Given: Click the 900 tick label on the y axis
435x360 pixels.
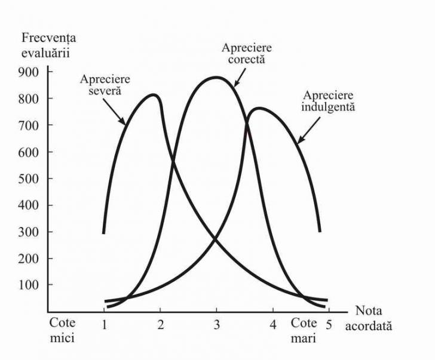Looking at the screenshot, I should click(x=30, y=72).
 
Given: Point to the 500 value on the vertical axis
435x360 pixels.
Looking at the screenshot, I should click(x=30, y=178).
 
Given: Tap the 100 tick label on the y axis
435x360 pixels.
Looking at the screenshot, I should click(x=30, y=285).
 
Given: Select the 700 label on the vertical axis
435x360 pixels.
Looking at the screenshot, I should click(x=30, y=125).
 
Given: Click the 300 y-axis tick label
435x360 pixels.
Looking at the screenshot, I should click(x=30, y=232).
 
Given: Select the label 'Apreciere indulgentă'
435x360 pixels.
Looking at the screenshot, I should click(x=328, y=101).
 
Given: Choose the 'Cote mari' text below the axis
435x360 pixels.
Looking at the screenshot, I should click(x=305, y=329).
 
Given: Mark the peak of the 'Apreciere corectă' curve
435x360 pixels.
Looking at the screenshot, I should click(x=216, y=77).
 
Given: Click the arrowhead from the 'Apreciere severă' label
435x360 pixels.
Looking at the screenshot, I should click(x=124, y=124).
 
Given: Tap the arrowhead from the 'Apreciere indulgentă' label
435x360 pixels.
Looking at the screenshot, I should click(x=298, y=143).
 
